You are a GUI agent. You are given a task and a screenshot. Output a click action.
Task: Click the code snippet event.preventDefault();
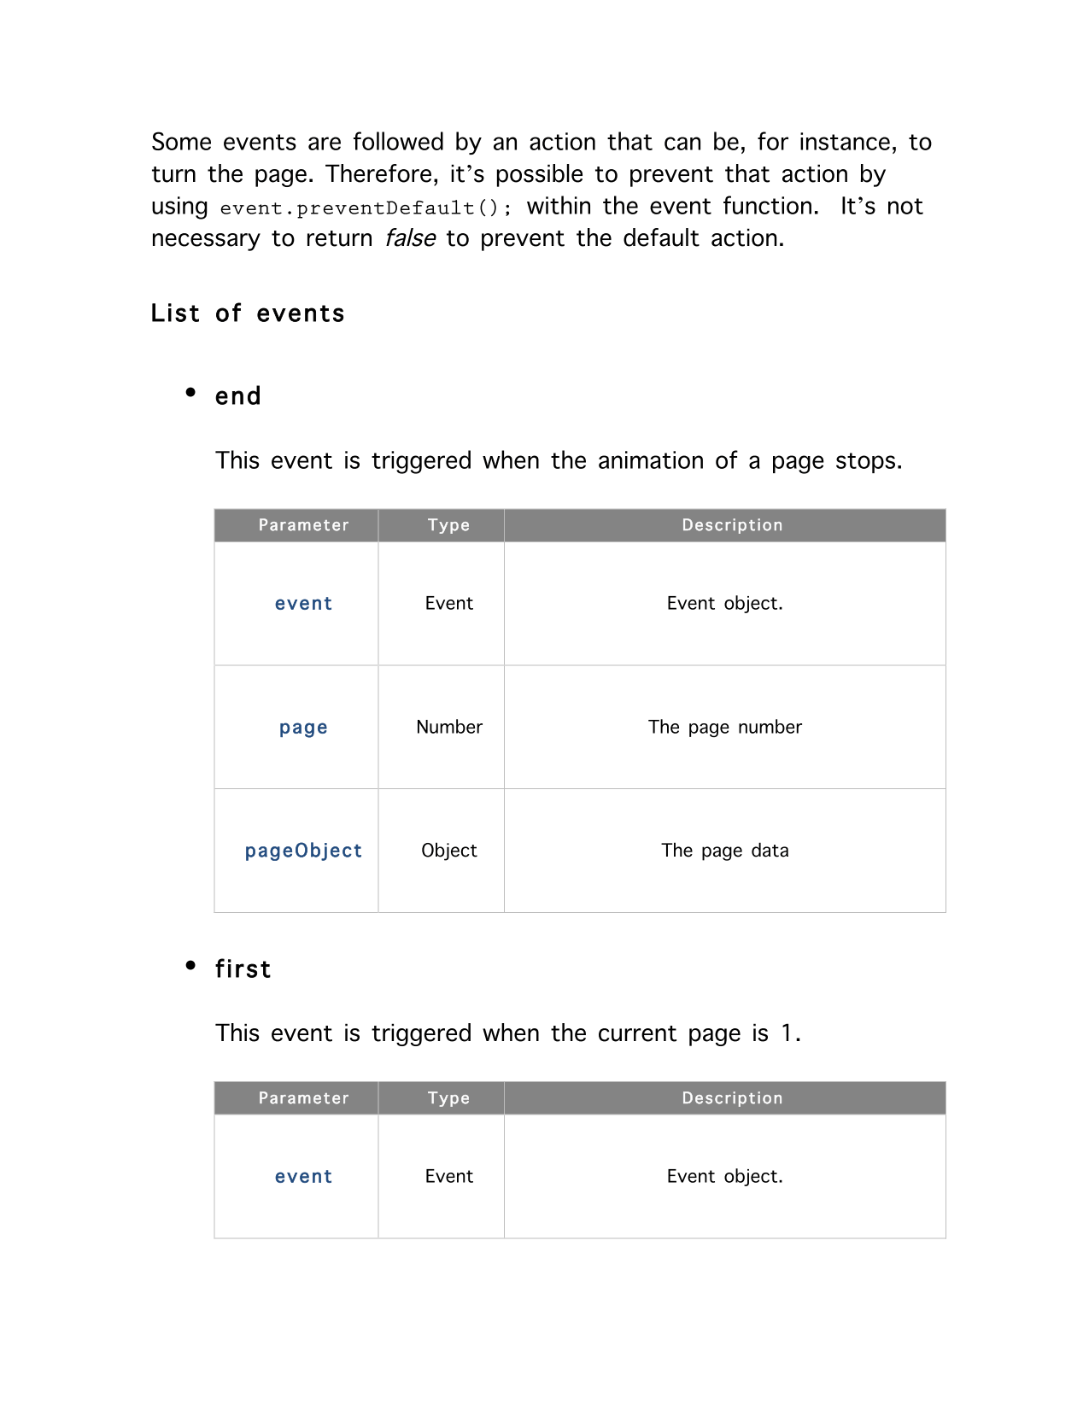click(x=366, y=208)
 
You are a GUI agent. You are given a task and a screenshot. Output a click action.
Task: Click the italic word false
click(x=410, y=238)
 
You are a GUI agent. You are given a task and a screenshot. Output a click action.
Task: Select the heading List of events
click(x=248, y=313)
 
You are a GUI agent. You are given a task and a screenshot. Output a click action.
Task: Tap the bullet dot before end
click(x=190, y=393)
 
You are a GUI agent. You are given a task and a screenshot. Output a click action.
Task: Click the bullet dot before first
click(x=190, y=966)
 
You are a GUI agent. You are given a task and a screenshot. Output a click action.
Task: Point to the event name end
click(x=238, y=396)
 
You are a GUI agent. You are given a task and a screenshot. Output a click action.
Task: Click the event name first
click(x=243, y=969)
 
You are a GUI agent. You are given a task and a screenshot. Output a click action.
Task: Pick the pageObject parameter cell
click(x=303, y=851)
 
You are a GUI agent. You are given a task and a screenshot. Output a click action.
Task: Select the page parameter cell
click(x=303, y=728)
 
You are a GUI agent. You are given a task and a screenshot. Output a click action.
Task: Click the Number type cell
click(x=449, y=727)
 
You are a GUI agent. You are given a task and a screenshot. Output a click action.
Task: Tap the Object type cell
click(x=449, y=851)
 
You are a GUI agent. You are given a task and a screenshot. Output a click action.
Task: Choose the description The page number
click(x=725, y=727)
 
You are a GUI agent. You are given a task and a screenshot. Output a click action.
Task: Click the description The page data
click(x=725, y=851)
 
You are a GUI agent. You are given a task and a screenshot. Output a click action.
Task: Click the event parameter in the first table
click(x=303, y=604)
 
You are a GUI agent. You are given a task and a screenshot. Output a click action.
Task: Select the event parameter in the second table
click(x=303, y=1177)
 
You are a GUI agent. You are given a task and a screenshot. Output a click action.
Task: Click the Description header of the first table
click(x=732, y=525)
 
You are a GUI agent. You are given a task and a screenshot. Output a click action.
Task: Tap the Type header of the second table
click(x=449, y=1098)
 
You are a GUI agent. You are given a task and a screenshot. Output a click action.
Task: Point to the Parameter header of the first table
click(x=303, y=525)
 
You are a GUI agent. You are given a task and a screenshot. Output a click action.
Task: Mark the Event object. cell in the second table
click(x=725, y=1176)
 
